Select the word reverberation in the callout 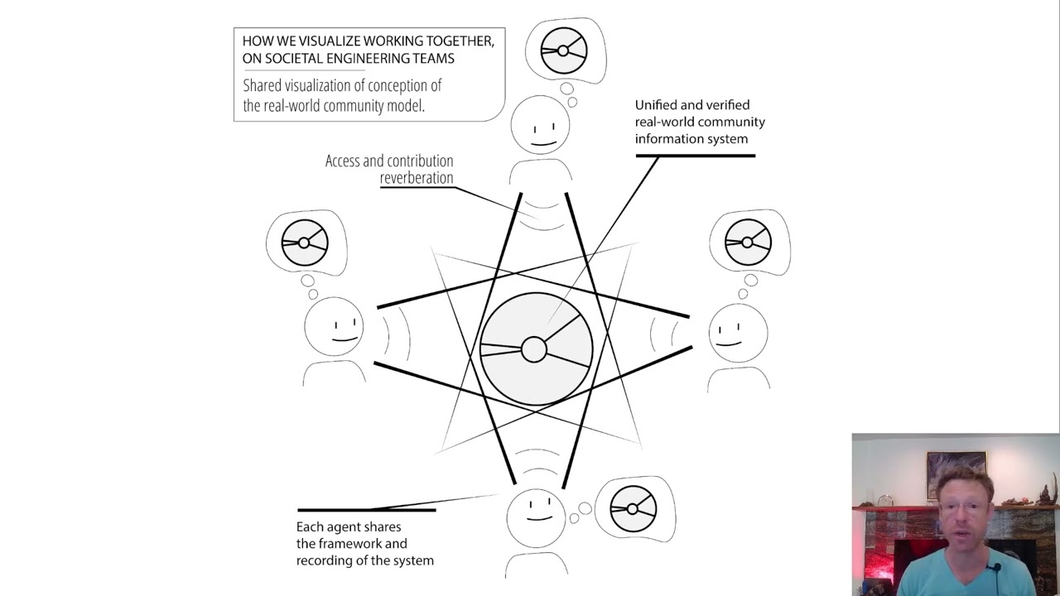tap(417, 178)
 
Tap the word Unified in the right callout tap(657, 105)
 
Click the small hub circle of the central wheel tap(534, 349)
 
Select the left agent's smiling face tap(334, 327)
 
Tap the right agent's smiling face tap(738, 333)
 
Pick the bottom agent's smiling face tap(537, 517)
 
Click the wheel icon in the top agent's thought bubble tap(564, 50)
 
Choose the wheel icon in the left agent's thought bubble tap(305, 243)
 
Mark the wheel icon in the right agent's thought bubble tap(749, 243)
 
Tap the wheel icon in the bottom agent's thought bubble tap(634, 509)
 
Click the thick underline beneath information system tap(696, 156)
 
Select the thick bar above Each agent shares tap(366, 510)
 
